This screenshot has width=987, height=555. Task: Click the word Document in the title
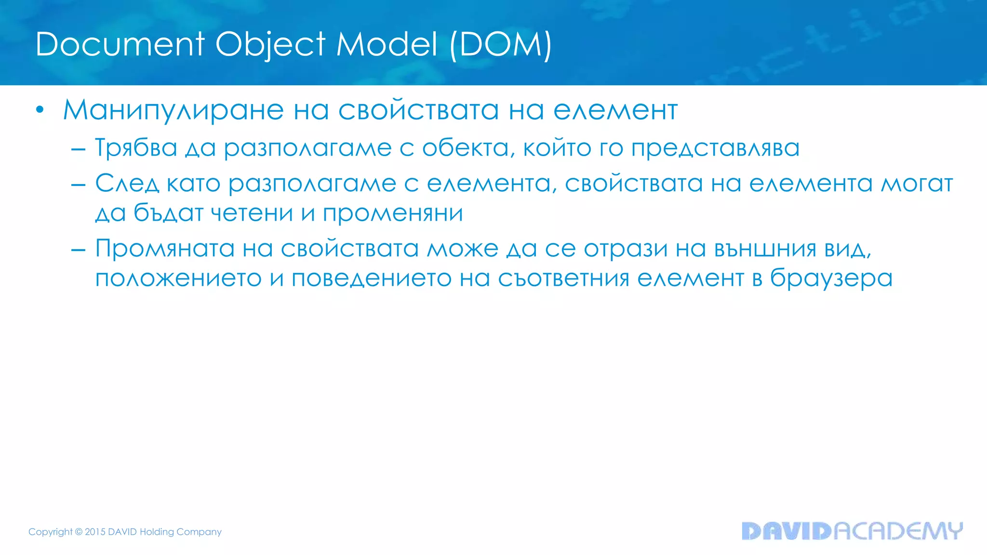point(120,44)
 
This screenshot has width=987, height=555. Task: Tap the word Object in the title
point(270,44)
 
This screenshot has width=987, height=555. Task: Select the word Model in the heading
point(387,44)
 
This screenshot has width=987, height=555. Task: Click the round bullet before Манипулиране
point(40,110)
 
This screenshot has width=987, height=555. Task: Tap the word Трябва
point(136,148)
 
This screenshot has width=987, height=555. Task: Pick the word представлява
point(715,148)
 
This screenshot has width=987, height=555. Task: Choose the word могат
point(917,184)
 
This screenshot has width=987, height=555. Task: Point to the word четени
point(252,213)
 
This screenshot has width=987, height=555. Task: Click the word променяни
point(393,213)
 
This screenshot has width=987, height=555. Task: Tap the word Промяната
point(165,249)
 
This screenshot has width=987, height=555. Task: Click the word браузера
point(831,278)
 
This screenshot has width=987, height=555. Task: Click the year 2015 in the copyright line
point(95,532)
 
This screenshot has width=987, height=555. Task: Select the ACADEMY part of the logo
point(898,531)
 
